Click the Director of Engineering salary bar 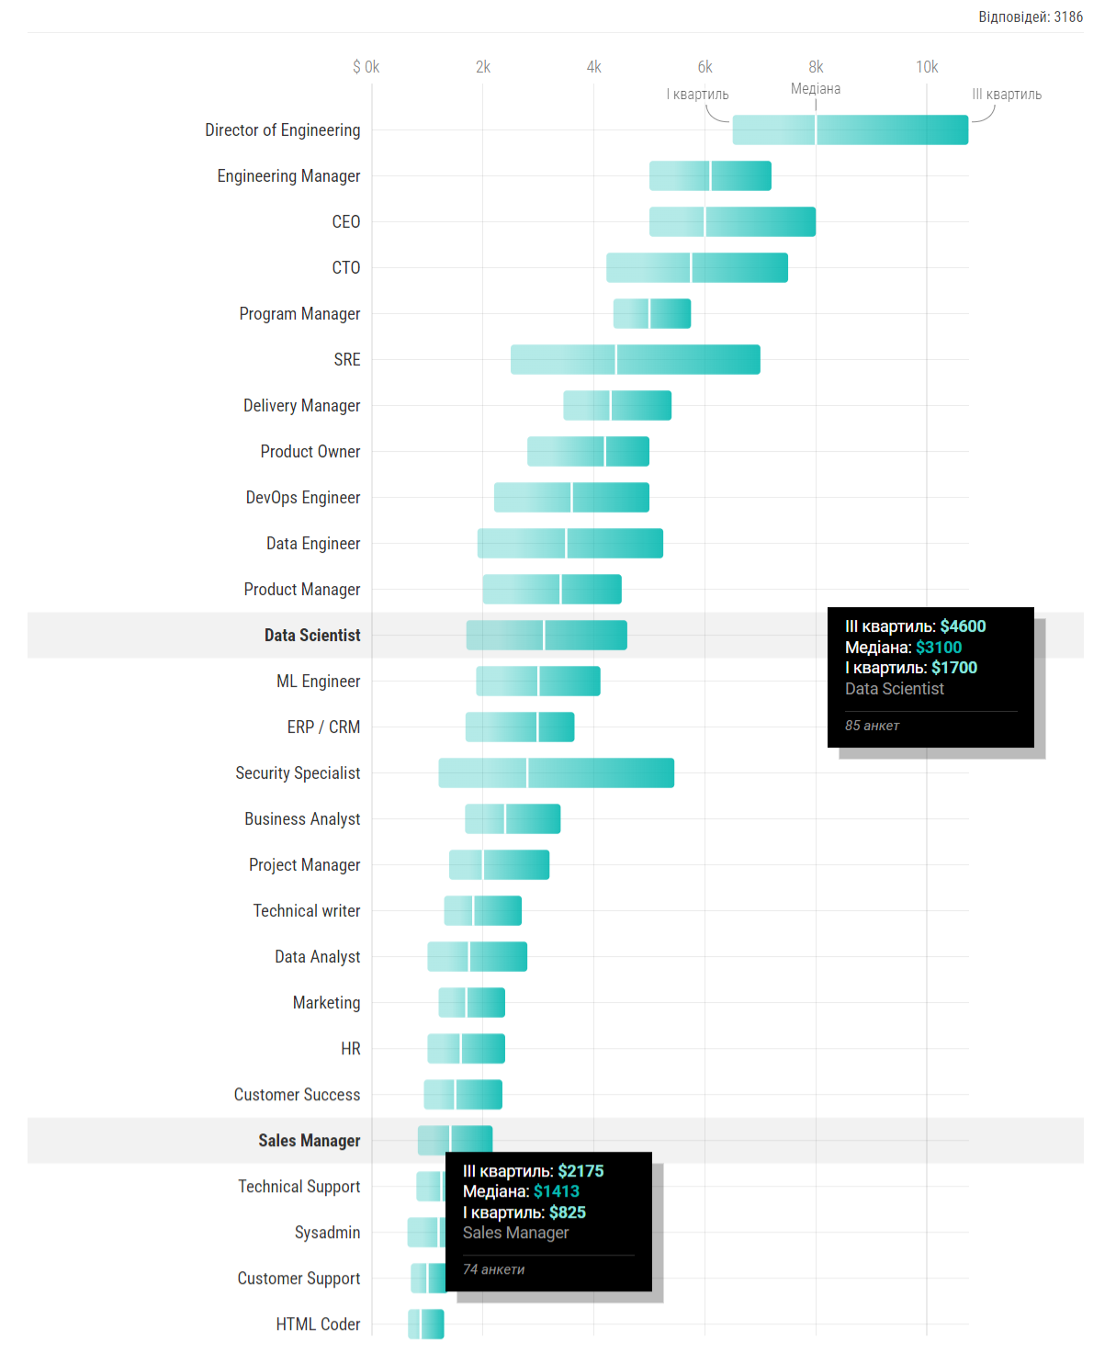pos(850,130)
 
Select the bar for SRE pos(635,360)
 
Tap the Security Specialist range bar pos(556,773)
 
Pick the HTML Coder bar pos(426,1324)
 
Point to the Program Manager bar pos(651,314)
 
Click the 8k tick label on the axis pos(816,67)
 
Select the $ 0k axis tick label pos(366,67)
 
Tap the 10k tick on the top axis pos(926,67)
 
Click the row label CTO pos(345,268)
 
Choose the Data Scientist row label pos(312,636)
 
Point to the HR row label pos(350,1049)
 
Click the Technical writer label pos(307,911)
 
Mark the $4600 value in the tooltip pos(963,626)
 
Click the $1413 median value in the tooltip pos(556,1191)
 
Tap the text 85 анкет pos(872,726)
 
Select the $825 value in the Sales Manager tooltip pos(567,1212)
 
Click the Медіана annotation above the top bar pos(816,89)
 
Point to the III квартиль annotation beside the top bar pos(1007,95)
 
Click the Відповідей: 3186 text pos(1030,17)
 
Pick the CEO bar pos(732,222)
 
